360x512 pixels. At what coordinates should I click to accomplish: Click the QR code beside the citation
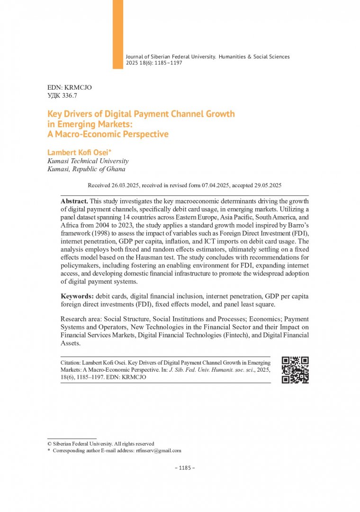(295, 370)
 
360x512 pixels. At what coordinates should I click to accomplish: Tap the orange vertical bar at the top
(118, 33)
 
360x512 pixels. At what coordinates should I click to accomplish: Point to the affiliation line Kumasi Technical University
(88, 161)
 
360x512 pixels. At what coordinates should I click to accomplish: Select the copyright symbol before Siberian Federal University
(50, 444)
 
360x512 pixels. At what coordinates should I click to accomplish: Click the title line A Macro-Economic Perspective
(108, 134)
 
